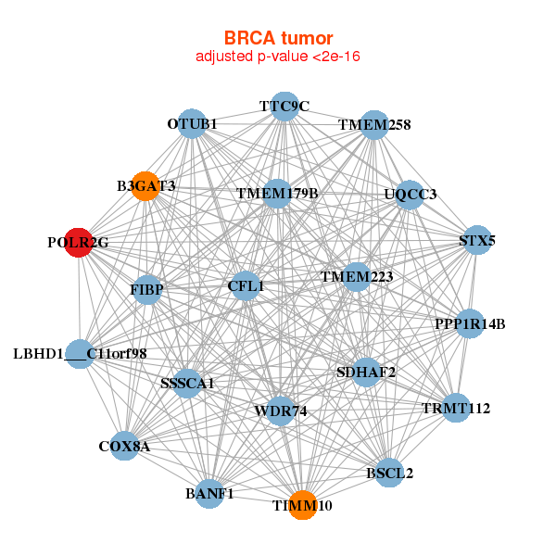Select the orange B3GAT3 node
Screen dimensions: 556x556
145,186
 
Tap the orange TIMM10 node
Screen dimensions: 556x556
302,505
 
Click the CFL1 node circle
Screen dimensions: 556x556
246,286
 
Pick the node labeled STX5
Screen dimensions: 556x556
476,240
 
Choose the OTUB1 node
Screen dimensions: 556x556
193,123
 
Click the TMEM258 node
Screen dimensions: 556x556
373,124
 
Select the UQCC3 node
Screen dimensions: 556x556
410,195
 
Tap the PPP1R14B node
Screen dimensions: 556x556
470,323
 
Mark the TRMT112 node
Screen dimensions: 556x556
455,408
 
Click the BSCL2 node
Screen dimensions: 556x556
390,473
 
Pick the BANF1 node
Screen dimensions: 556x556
209,493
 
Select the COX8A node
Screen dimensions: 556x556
124,446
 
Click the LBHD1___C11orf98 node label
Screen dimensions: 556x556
81,353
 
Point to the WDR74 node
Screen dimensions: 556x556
280,410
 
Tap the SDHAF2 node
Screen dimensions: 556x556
366,373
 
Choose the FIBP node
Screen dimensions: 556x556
147,290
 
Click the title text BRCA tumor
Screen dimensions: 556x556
278,38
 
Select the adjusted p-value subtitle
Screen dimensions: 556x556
278,57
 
